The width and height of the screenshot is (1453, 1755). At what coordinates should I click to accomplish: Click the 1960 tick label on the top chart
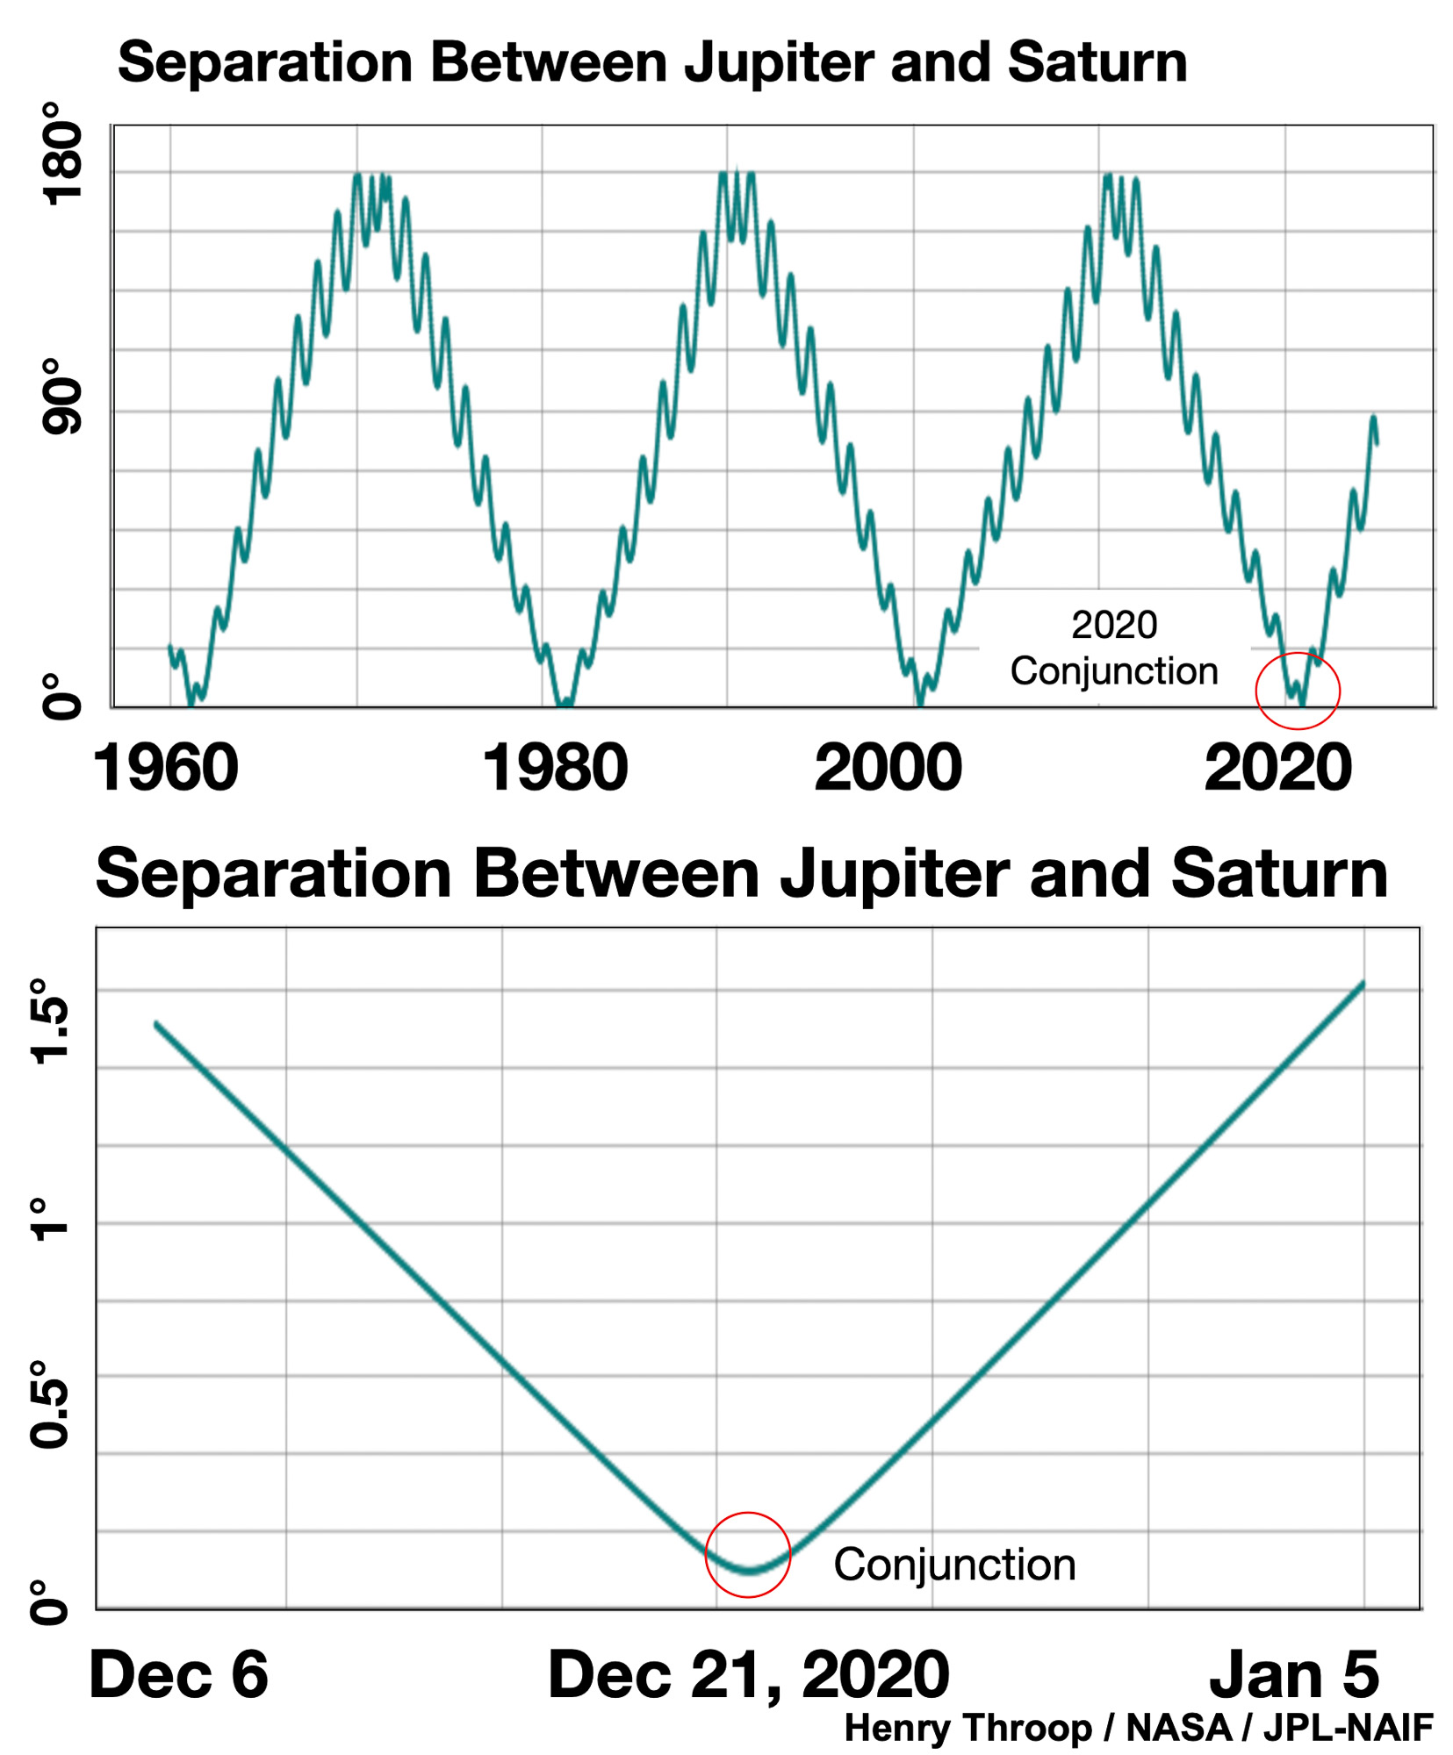coord(165,769)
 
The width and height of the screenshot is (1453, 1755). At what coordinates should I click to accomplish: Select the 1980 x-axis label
coord(555,769)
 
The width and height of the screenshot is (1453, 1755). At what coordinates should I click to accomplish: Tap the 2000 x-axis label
coord(888,769)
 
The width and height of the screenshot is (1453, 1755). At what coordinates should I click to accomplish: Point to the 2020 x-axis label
coord(1277,769)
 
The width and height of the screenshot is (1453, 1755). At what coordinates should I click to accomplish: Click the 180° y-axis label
coord(63,154)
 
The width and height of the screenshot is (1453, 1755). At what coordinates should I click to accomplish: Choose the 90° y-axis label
coord(63,396)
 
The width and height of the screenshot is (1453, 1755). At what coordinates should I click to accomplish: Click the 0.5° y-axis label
coord(50,1404)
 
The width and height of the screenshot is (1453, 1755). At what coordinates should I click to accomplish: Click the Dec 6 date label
coord(178,1674)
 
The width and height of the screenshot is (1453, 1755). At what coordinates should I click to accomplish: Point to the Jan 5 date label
coord(1294,1674)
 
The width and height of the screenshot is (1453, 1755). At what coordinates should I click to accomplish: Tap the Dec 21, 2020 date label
coord(748,1674)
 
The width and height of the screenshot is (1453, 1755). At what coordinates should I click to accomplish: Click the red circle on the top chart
coord(1298,691)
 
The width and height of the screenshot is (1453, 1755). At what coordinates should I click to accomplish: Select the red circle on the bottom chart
coord(748,1555)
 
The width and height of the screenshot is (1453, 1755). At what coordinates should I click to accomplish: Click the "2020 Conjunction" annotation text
coord(1114,648)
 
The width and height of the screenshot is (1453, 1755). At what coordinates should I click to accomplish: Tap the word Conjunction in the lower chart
coord(954,1565)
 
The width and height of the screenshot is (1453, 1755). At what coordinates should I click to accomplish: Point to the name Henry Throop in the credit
coord(968,1728)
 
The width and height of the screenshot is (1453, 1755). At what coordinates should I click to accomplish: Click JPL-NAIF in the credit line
coord(1348,1728)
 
